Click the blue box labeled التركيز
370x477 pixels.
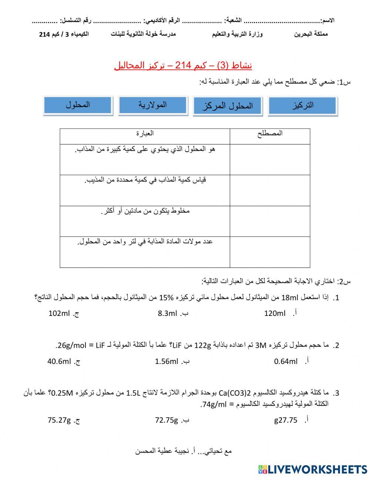point(303,105)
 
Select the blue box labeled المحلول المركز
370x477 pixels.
point(228,106)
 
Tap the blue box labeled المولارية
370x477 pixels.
point(153,105)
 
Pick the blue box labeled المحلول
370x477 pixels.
point(78,105)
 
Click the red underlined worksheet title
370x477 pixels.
point(183,66)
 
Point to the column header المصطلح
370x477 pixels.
point(270,133)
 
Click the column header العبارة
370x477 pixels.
point(145,133)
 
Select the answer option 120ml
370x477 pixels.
point(275,313)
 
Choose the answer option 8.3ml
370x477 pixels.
point(168,313)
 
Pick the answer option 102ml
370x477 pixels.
point(59,313)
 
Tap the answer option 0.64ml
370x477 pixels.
point(286,361)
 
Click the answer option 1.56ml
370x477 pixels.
point(166,361)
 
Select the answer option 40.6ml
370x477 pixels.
point(59,361)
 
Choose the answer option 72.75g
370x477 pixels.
point(166,420)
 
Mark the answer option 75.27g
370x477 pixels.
point(59,420)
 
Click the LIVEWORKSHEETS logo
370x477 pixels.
point(313,469)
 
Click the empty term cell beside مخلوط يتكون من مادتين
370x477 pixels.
point(270,221)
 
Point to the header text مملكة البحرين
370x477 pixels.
point(311,34)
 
